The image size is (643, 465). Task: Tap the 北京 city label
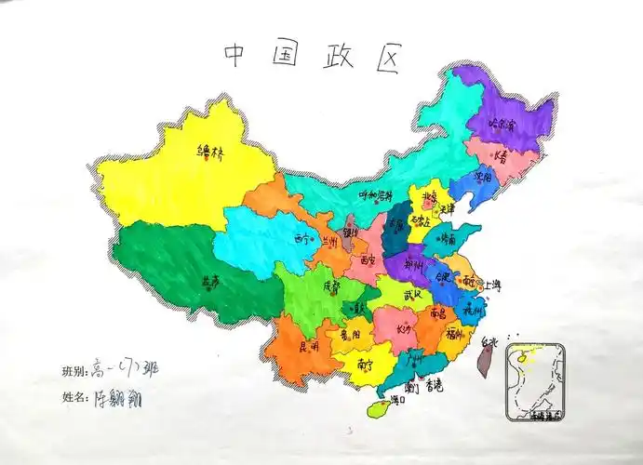428,197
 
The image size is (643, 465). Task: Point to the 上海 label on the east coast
489,285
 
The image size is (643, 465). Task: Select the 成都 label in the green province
332,286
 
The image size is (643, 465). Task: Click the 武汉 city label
412,295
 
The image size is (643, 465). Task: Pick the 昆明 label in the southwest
308,346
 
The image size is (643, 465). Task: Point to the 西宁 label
303,239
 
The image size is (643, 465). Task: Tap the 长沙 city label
406,328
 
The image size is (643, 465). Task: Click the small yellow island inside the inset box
523,354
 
